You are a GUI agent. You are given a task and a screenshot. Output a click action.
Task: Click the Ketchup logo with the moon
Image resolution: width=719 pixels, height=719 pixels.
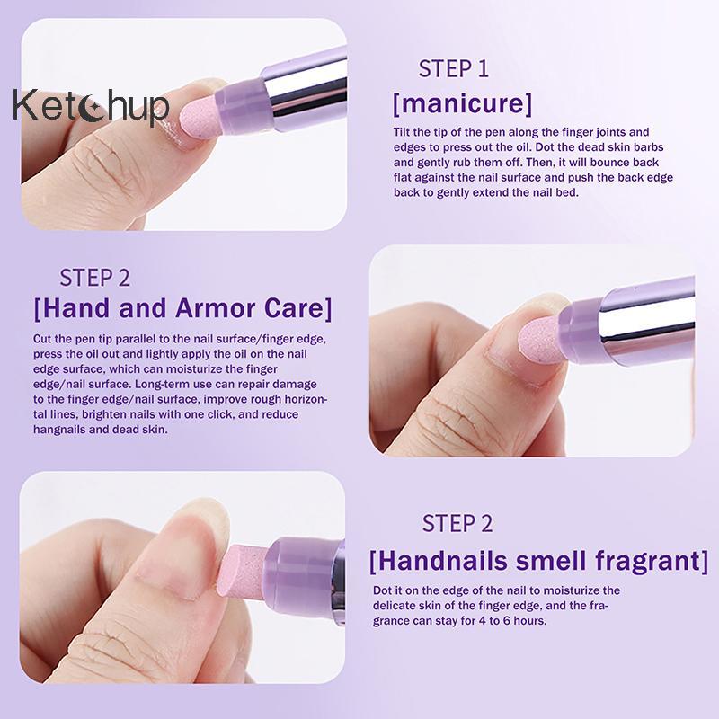click(91, 106)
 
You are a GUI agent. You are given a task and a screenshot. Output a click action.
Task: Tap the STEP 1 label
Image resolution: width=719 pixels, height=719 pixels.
click(453, 69)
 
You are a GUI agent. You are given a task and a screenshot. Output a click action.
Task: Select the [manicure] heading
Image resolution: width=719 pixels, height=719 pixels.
click(463, 103)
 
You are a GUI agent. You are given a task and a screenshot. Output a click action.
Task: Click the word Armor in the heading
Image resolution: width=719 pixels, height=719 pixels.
click(216, 308)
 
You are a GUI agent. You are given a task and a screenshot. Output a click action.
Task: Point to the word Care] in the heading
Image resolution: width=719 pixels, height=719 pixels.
click(298, 308)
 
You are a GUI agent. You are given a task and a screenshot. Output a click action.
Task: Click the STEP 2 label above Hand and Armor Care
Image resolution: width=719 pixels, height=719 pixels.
click(95, 278)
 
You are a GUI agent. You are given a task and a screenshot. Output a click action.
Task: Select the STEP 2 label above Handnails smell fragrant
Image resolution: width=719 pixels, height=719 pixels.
click(457, 523)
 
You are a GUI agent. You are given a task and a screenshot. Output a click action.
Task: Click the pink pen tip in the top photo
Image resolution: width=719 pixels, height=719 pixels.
click(198, 121)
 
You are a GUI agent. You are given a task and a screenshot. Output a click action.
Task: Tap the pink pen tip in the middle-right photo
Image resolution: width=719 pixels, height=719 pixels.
click(539, 342)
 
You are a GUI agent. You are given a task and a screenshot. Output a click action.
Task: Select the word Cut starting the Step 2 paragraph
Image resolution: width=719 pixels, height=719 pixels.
click(40, 339)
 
